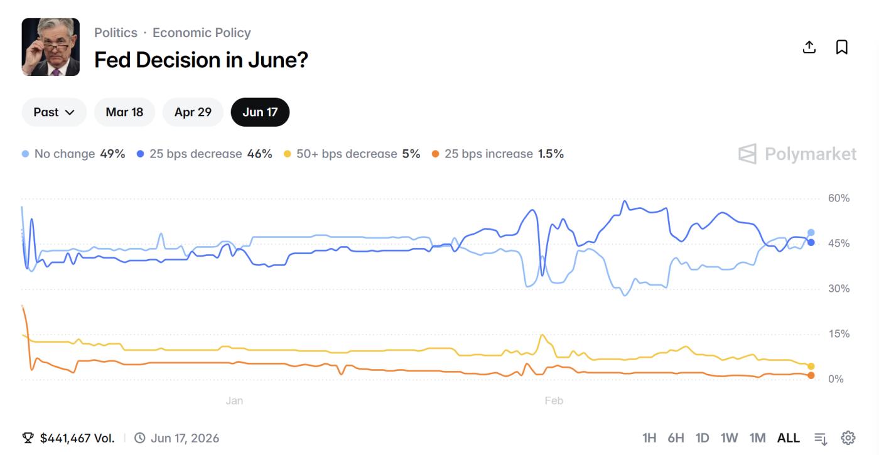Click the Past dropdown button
(54, 112)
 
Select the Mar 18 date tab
(124, 112)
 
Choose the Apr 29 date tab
(193, 112)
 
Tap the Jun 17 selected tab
(260, 112)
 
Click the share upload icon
(809, 47)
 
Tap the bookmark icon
(842, 47)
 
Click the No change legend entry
(73, 154)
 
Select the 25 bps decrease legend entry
(204, 154)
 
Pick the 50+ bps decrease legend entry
(352, 154)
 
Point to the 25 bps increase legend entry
(497, 154)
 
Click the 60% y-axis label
(838, 198)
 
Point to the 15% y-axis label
(838, 334)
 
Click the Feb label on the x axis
(554, 400)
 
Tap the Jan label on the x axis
(234, 400)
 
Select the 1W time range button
(729, 438)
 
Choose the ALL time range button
(789, 438)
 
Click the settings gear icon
(848, 438)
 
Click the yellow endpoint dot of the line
(811, 367)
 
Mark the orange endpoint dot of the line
(811, 375)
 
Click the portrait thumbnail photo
(51, 47)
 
